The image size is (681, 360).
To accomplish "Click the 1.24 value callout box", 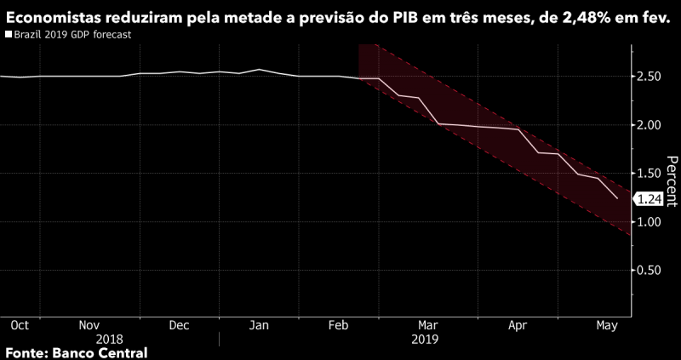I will pos(650,199).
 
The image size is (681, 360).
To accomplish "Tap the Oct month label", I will pos(20,325).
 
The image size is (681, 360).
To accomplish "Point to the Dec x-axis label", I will pos(178,325).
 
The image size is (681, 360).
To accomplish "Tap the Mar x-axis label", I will pos(428,325).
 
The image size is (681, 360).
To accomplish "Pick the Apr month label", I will pos(517,325).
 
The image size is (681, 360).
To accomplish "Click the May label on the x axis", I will pos(607,325).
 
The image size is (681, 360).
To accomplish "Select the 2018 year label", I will pos(110,339).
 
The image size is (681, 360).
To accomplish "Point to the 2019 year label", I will pos(424,339).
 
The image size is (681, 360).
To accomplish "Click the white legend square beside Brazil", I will pos(9,36).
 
